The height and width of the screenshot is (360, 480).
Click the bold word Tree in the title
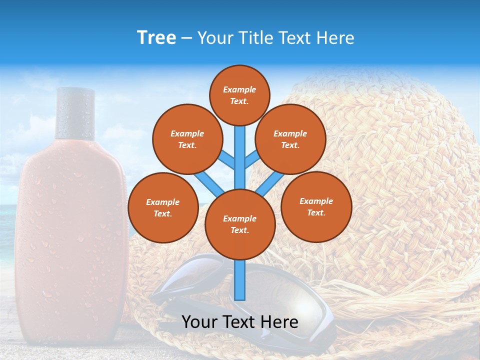(156, 38)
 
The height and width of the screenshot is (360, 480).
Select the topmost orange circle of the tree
(239, 95)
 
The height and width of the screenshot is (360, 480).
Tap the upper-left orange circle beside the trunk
(187, 139)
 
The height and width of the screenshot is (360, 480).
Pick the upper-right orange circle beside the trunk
(290, 139)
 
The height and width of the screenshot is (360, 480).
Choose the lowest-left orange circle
(162, 207)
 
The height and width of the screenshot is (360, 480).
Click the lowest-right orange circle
(316, 206)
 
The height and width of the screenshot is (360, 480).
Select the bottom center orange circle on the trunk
(240, 224)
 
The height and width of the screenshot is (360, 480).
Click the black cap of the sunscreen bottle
(75, 113)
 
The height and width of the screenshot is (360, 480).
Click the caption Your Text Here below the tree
(240, 322)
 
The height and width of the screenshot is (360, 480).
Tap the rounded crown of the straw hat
(400, 150)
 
